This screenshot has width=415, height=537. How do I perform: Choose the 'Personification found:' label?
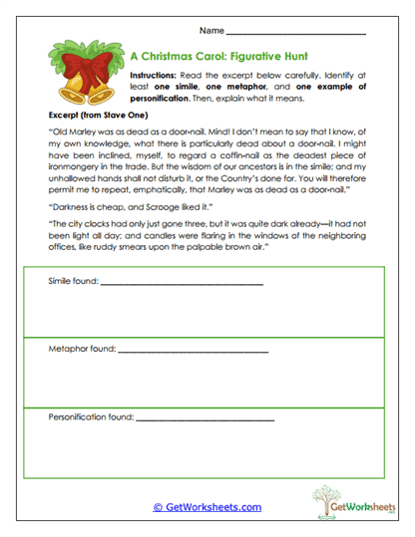point(91,417)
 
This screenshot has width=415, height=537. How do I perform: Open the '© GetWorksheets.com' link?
point(206,506)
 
